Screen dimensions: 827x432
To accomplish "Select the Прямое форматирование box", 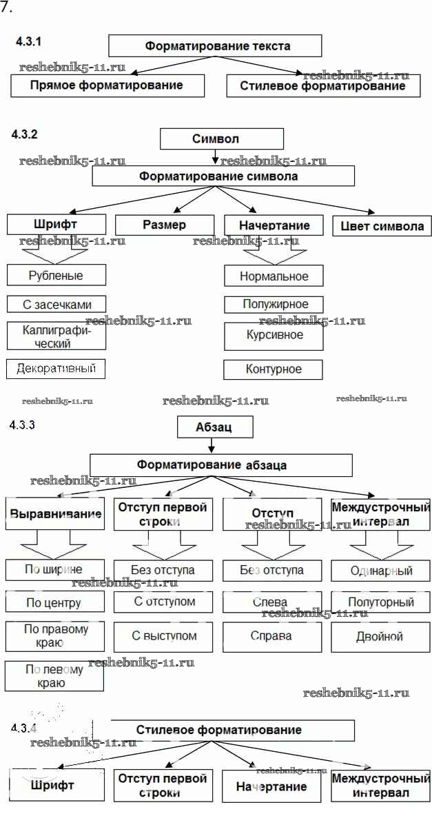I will point(108,86).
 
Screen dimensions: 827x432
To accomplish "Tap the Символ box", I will point(216,139).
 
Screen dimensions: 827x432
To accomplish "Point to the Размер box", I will point(164,225).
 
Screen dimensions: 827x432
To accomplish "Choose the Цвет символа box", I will point(382,226).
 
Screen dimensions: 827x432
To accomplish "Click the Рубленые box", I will point(56,276).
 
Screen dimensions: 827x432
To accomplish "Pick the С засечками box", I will point(56,304).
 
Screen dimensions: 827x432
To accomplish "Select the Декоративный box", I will point(56,369).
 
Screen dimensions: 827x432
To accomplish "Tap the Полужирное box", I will point(274,304).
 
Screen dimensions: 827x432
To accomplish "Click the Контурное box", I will point(274,369).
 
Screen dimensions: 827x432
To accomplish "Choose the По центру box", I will point(54,603).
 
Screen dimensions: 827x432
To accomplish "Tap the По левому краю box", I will point(54,676).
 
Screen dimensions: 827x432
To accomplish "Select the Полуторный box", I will point(381,602).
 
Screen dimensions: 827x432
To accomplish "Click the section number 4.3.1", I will point(29,42).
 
